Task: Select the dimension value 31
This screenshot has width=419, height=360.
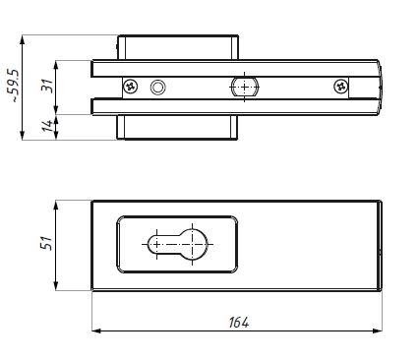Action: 47,86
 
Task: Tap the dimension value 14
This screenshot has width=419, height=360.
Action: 47,126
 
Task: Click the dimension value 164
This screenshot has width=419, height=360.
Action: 239,323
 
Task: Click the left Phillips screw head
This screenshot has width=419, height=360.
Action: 131,87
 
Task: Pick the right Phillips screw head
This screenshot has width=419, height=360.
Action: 341,87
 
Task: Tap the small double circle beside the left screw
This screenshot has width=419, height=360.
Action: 157,88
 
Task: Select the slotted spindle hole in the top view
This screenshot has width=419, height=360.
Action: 245,87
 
